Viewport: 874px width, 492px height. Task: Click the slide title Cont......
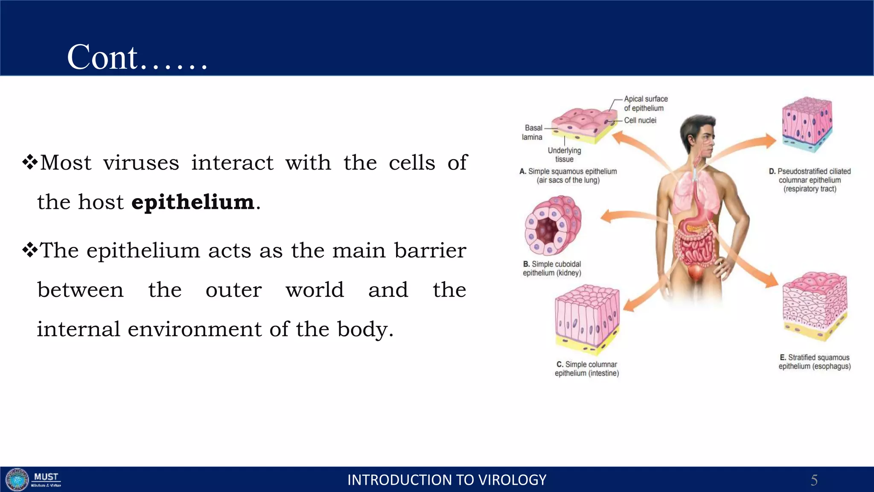(x=137, y=57)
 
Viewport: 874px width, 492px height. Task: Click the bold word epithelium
(x=193, y=202)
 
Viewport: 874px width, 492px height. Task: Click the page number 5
(x=814, y=480)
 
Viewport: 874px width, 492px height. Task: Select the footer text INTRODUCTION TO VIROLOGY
(x=447, y=480)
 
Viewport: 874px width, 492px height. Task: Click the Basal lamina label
(x=533, y=132)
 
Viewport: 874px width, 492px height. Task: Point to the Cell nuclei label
(x=640, y=120)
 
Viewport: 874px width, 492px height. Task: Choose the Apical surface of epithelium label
(x=645, y=103)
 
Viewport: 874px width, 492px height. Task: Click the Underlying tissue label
(x=564, y=155)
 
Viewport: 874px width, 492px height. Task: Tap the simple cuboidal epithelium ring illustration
(x=553, y=225)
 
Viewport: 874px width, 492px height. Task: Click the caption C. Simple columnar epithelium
(x=587, y=369)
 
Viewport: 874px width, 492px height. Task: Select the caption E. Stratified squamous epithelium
(x=814, y=362)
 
